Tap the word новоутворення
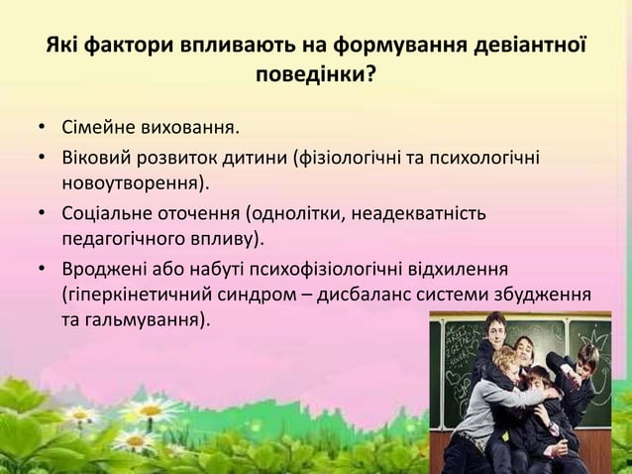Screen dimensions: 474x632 (x=133, y=184)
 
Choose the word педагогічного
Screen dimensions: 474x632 (x=122, y=240)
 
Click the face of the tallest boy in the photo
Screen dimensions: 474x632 (x=495, y=326)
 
